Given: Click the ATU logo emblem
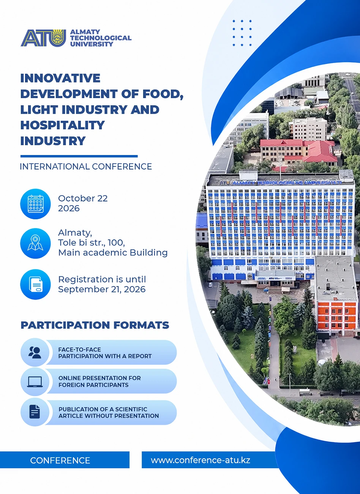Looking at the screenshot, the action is tap(43, 38).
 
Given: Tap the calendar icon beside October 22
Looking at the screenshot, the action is tap(35, 204).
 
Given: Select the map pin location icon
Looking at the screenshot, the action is tap(35, 243).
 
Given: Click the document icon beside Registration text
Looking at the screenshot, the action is tap(35, 284).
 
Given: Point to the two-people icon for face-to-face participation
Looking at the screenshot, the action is tap(35, 352).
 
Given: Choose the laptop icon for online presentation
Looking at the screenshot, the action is tap(35, 382).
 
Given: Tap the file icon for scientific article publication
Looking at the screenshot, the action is tap(35, 411).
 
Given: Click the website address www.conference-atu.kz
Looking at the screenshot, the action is tap(201, 460).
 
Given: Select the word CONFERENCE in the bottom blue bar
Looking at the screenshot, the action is tap(60, 460).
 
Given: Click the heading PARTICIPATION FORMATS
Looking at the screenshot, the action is tap(95, 325).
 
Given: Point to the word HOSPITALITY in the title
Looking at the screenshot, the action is tap(62, 125).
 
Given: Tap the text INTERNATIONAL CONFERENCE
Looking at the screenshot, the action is tap(86, 166).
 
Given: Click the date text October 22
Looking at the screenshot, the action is tap(83, 198).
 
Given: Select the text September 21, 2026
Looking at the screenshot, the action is tap(102, 289).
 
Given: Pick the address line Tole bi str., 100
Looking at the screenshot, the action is tap(92, 242).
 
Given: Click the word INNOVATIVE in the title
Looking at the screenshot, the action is tap(60, 78).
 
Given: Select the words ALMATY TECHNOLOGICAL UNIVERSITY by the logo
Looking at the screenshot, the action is tap(101, 38).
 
